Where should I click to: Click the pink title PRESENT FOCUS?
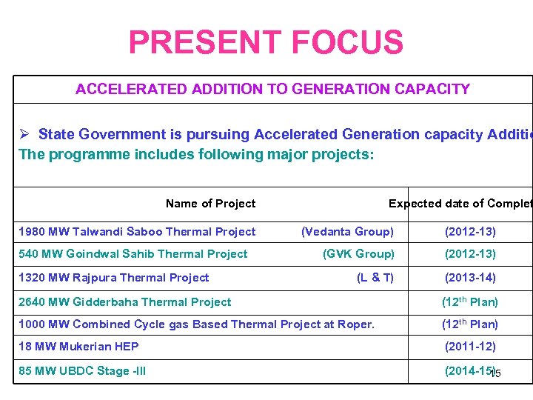coord(266,42)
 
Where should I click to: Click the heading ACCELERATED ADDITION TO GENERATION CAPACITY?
coord(272,89)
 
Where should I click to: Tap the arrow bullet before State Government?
coord(24,134)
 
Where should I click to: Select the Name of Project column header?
coord(210,204)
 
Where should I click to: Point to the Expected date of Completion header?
coord(460,204)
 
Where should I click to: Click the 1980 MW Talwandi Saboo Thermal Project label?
coord(137,232)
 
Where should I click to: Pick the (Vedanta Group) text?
coord(347,232)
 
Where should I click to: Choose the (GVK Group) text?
coord(358,254)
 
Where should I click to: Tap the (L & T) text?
coord(375,278)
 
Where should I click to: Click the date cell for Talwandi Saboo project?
coord(470,232)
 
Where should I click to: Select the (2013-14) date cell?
coord(470,278)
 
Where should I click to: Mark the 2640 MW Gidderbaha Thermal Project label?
coord(124,301)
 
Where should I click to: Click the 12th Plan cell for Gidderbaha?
coord(469,301)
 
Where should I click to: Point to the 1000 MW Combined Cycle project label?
coord(196,324)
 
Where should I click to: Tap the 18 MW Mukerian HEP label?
coord(78,346)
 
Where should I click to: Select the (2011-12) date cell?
coord(470,346)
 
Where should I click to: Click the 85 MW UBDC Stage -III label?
coord(81,370)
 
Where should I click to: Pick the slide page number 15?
coord(496,374)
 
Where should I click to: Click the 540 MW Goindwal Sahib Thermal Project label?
coord(133,254)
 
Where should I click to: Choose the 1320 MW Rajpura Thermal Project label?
coord(114,278)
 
